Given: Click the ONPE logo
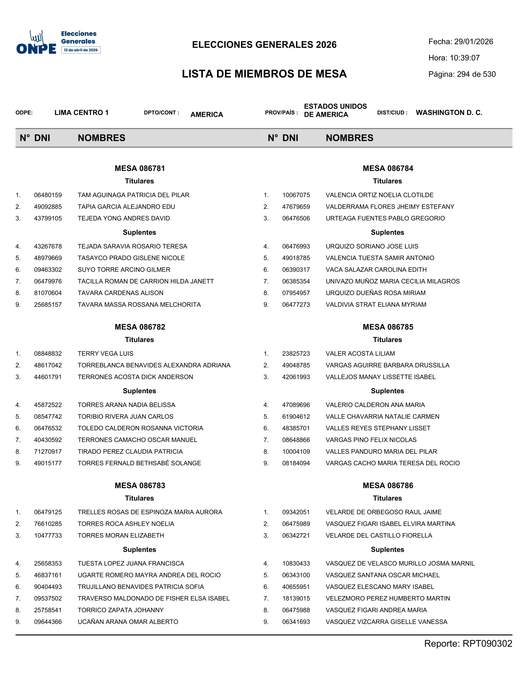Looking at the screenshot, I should pyautogui.click(x=58, y=43).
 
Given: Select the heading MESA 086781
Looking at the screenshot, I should pyautogui.click(x=140, y=168).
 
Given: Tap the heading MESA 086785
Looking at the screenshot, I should pyautogui.click(x=388, y=327).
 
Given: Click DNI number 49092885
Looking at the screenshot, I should pyautogui.click(x=48, y=207).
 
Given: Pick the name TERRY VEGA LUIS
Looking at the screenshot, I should pyautogui.click(x=106, y=354).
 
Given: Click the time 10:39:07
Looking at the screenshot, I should pyautogui.click(x=465, y=58).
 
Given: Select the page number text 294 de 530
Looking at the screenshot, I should pyautogui.click(x=476, y=75).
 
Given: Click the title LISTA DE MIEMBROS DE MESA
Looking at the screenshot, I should pyautogui.click(x=264, y=74).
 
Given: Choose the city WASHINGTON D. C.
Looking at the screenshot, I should pyautogui.click(x=449, y=113).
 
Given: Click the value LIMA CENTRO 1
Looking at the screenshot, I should pyautogui.click(x=82, y=113).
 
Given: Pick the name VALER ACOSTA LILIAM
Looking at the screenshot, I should pyautogui.click(x=360, y=354).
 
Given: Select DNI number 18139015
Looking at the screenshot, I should pyautogui.click(x=296, y=599).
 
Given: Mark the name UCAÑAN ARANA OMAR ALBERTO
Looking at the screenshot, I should pyautogui.click(x=128, y=622).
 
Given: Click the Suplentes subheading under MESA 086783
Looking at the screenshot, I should pyautogui.click(x=140, y=550).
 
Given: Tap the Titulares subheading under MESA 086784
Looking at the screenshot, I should pyautogui.click(x=387, y=181).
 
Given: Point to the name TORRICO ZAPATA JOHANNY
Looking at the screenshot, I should pyautogui.click(x=121, y=610).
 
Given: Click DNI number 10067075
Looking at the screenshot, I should pyautogui.click(x=296, y=195).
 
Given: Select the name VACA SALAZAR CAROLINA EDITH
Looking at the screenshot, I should pyautogui.click(x=376, y=269).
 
